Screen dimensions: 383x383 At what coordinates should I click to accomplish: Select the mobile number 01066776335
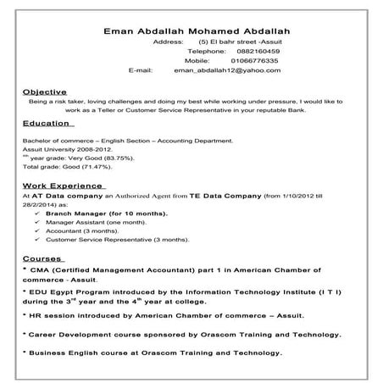pyautogui.click(x=230, y=61)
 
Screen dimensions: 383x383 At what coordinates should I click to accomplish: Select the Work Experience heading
pyautogui.click(x=64, y=184)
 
